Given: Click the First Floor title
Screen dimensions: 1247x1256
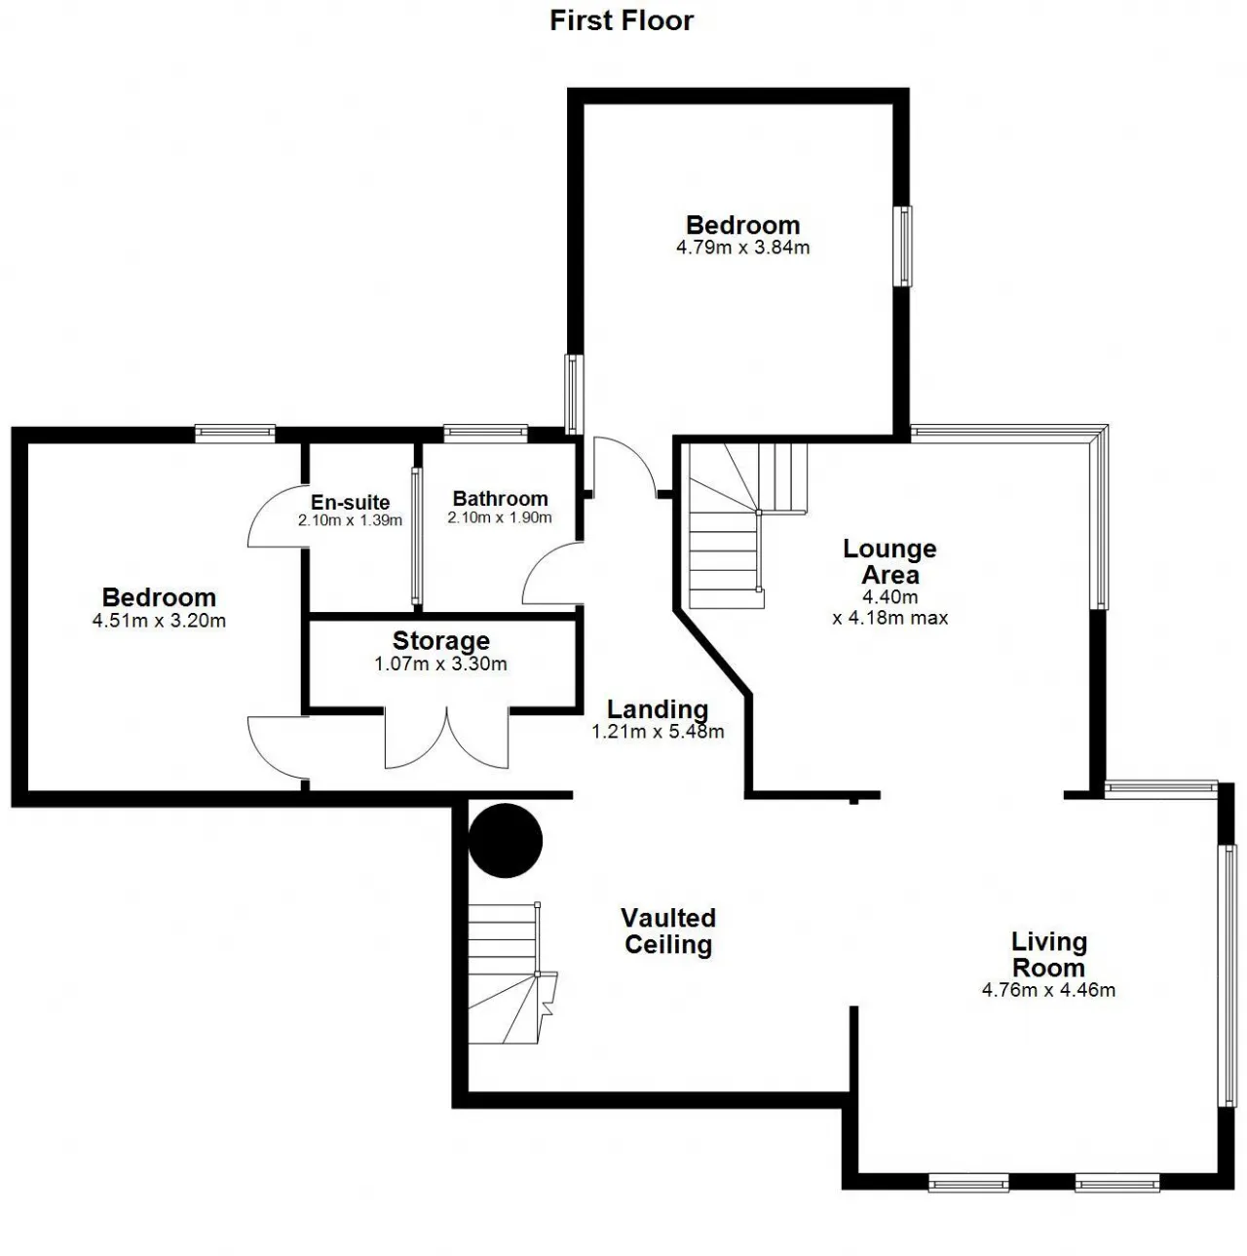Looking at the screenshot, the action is pyautogui.click(x=622, y=20).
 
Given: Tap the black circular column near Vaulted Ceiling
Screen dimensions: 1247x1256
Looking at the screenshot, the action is pyautogui.click(x=506, y=840).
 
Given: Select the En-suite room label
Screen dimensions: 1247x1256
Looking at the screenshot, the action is pyautogui.click(x=350, y=502).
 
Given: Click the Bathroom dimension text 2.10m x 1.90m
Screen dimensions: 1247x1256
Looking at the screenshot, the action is pyautogui.click(x=500, y=517).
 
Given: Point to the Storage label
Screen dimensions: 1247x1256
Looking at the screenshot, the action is pyautogui.click(x=440, y=641).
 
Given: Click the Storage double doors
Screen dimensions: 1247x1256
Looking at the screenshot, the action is pyautogui.click(x=446, y=738).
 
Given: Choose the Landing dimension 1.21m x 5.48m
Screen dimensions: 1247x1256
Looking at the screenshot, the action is pyautogui.click(x=657, y=732).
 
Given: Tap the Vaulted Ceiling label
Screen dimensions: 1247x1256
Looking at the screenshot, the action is pyautogui.click(x=668, y=931).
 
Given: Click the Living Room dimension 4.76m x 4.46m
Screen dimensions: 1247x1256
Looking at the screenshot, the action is pyautogui.click(x=1048, y=989).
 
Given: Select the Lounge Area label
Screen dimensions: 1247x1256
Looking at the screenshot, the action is pyautogui.click(x=889, y=561).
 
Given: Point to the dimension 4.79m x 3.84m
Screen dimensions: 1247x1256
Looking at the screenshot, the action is pyautogui.click(x=742, y=247).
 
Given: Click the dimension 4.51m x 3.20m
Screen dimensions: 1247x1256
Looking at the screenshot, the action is pyautogui.click(x=159, y=620).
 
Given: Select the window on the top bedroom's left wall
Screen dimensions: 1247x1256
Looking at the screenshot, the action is pyautogui.click(x=572, y=395).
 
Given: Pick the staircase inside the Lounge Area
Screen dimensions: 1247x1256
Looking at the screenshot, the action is pyautogui.click(x=747, y=525).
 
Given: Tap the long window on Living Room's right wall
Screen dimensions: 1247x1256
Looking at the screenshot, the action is pyautogui.click(x=1228, y=975).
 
